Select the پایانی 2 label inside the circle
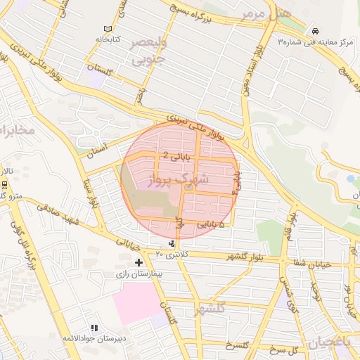[156, 155]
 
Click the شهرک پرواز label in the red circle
[181, 180]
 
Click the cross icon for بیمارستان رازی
[138, 262]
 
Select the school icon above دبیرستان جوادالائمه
[94, 328]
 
